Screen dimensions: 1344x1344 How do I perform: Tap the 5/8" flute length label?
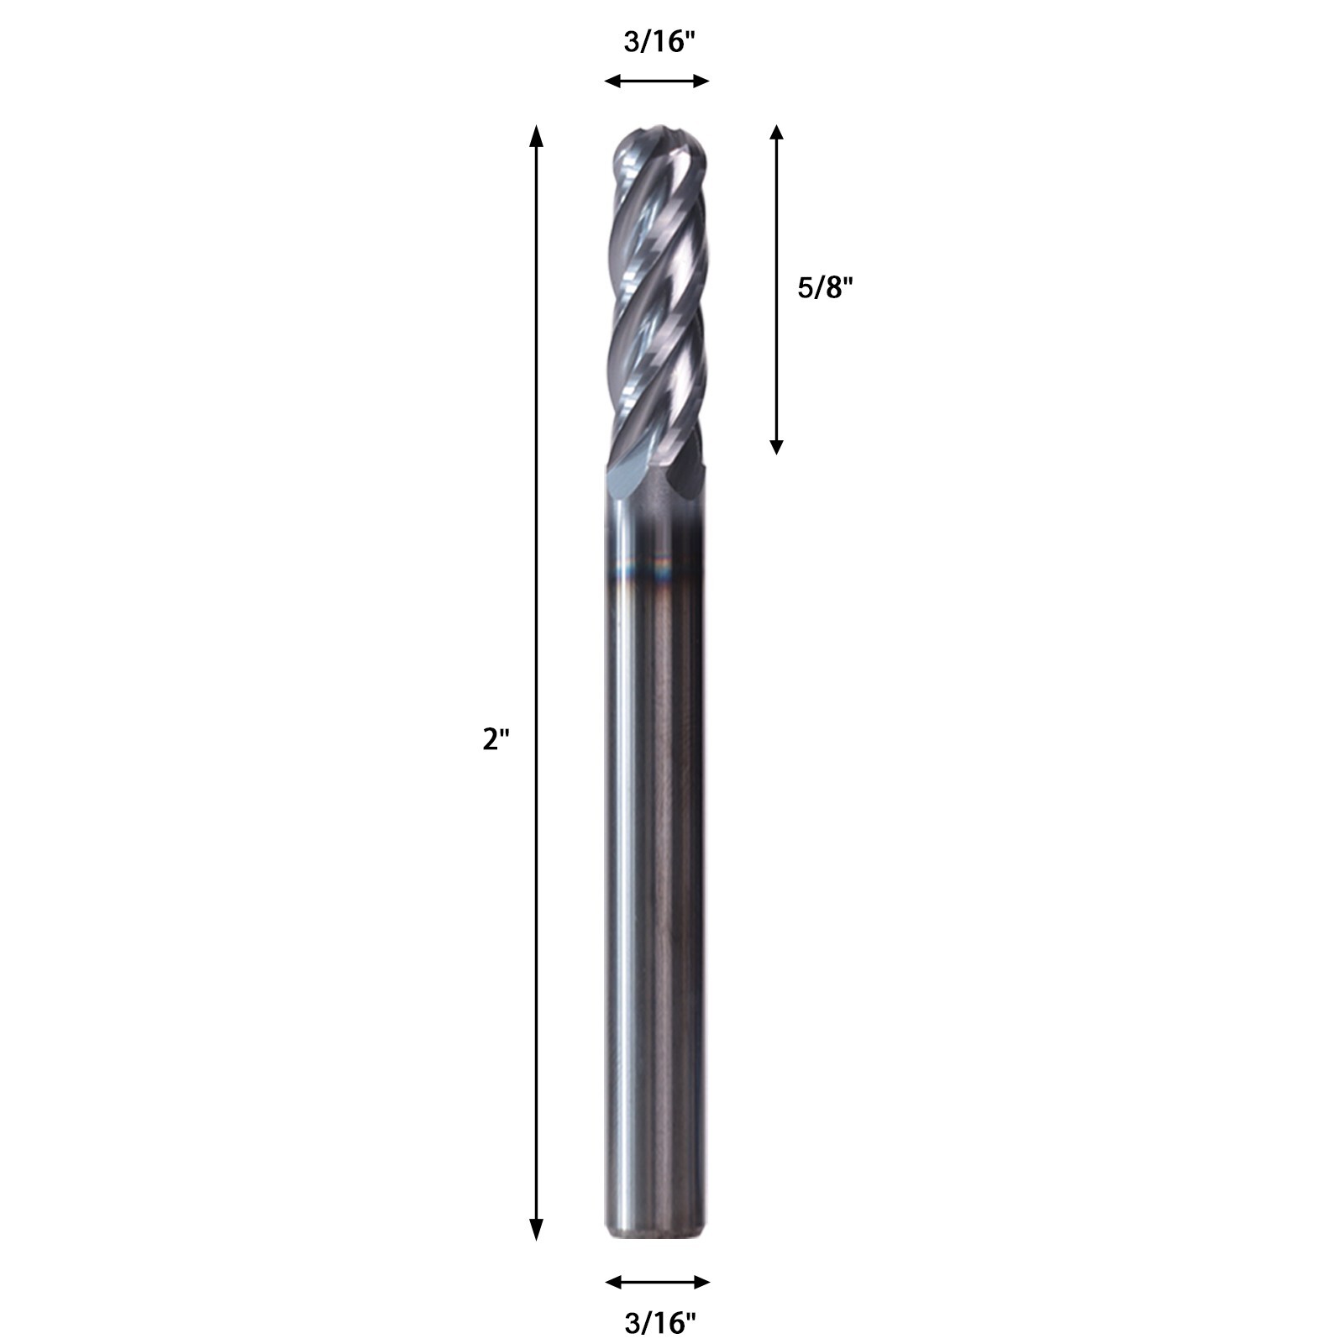pos(825,288)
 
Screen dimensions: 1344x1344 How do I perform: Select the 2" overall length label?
pos(496,739)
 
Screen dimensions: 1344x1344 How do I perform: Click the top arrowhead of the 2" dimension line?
pos(535,134)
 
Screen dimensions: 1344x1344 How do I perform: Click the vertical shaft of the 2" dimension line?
pos(535,504)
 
